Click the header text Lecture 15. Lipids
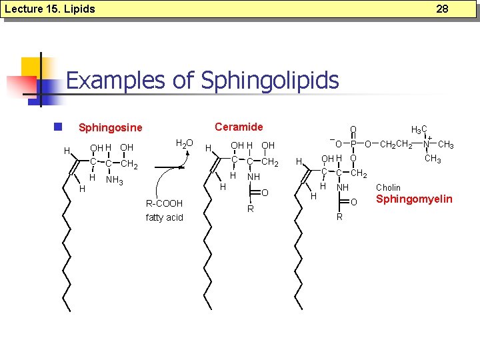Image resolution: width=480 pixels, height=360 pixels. (x=49, y=9)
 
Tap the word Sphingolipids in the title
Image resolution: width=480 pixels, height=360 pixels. (x=270, y=81)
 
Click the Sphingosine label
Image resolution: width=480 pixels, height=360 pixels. (x=111, y=127)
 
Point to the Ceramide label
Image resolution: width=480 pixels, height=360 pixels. (x=239, y=127)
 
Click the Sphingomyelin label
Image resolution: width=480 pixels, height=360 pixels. (x=414, y=199)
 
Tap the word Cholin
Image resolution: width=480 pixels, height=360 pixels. (x=389, y=187)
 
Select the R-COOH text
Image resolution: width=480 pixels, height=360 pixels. (x=164, y=203)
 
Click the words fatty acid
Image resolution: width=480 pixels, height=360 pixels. (x=164, y=217)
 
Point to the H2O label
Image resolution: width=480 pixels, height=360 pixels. (x=183, y=143)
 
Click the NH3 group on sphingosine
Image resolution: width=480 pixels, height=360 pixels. (x=115, y=179)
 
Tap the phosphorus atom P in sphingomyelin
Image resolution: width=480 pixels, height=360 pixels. (x=353, y=143)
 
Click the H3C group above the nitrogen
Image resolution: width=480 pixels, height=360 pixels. (x=419, y=130)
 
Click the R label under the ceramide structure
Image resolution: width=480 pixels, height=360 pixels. (x=250, y=209)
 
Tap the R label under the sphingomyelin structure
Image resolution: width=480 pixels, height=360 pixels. (x=339, y=217)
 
